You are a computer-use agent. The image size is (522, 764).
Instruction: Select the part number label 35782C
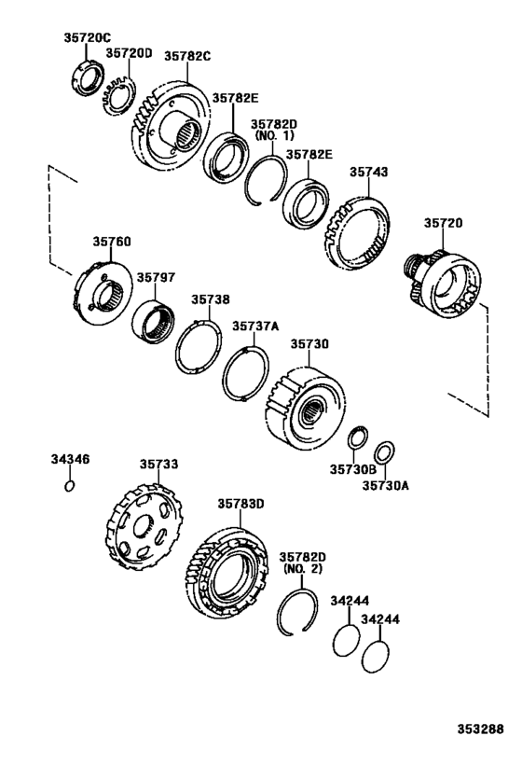[x=187, y=56]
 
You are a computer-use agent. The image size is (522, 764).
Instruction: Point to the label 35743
[x=369, y=172]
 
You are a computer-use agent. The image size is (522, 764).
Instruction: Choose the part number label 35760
[x=111, y=242]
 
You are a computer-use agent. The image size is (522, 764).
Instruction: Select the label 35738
[x=211, y=299]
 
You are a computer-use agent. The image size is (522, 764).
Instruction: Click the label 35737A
[x=255, y=326]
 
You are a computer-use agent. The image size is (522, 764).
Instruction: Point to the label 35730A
[x=383, y=485]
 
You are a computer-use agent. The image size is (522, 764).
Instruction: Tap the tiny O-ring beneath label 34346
[x=69, y=485]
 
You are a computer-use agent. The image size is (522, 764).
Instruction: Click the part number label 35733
[x=159, y=463]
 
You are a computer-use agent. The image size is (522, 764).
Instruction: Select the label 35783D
[x=241, y=503]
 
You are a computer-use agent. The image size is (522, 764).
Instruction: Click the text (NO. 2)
[x=302, y=567]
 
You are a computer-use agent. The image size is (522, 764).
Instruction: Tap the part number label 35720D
[x=129, y=53]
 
